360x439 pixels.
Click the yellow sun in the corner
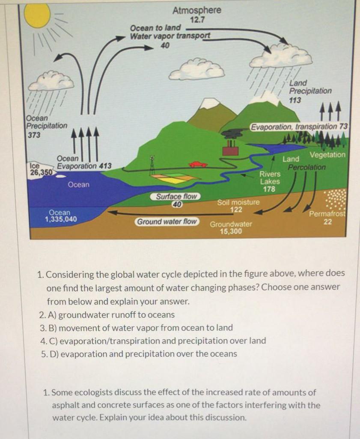click(x=37, y=15)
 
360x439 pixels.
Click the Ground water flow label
click(x=167, y=222)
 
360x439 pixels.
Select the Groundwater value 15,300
click(x=231, y=231)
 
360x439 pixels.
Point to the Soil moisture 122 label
click(x=238, y=206)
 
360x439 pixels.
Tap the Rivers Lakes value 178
click(x=269, y=189)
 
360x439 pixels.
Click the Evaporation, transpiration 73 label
click(x=300, y=127)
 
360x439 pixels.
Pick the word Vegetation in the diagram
click(x=327, y=155)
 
